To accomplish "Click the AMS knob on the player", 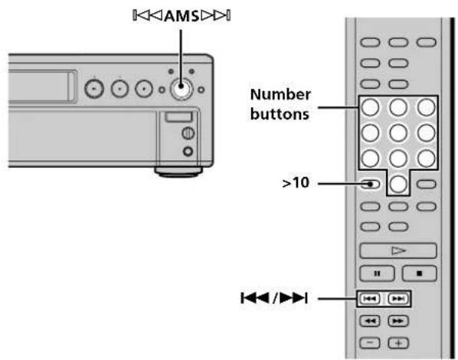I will coord(181,87).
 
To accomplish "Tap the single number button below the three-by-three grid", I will coord(398,185).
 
